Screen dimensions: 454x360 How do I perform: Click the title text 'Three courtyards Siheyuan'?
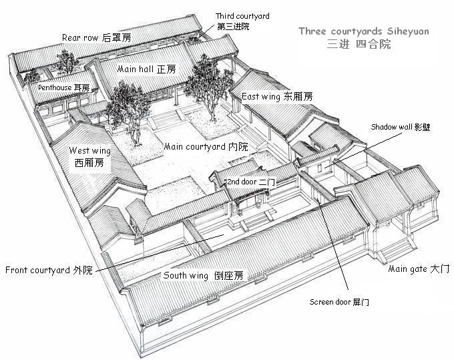pos(364,31)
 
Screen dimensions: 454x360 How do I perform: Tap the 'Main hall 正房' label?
pos(146,69)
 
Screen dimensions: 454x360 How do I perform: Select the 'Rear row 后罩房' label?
pos(97,37)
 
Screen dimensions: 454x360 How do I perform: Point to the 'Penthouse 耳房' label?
pos(63,87)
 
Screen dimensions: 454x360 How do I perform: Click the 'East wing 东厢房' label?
pos(277,96)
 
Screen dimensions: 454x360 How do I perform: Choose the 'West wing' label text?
pos(89,150)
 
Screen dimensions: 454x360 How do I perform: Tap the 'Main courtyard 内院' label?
pos(206,146)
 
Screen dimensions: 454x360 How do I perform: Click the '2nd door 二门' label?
pos(251,182)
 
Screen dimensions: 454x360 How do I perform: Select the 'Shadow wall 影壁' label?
pos(401,127)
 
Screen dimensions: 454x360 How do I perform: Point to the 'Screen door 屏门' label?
pos(339,302)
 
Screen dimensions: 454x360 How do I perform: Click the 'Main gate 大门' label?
pos(419,268)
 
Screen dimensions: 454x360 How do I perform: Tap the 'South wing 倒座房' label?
pos(203,275)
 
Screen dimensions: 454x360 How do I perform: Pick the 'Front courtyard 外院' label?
pos(49,270)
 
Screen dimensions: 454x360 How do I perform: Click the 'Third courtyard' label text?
pos(242,16)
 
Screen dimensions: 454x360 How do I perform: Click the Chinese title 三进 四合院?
pos(359,44)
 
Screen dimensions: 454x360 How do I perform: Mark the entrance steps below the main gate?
pos(398,249)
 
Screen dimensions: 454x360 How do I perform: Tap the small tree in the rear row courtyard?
pos(66,62)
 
